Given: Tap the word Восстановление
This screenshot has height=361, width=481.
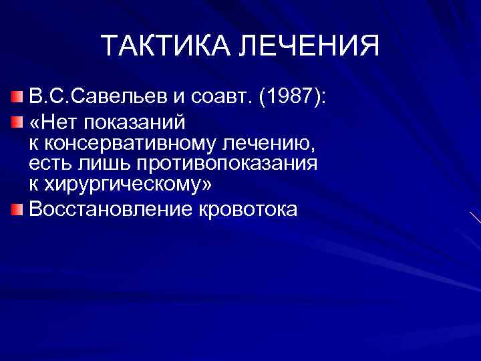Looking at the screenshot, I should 111,209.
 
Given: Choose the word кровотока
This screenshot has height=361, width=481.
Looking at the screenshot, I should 248,209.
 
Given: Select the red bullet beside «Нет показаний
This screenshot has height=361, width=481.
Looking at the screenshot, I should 17,122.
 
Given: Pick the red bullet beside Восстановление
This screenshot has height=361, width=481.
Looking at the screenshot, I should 17,209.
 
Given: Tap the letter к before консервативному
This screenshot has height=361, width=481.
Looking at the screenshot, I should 33,143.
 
